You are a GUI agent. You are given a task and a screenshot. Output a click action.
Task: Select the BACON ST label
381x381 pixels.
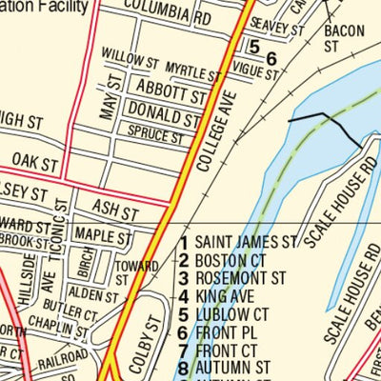[344, 38]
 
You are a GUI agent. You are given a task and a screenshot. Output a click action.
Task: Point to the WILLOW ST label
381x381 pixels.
[129, 61]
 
